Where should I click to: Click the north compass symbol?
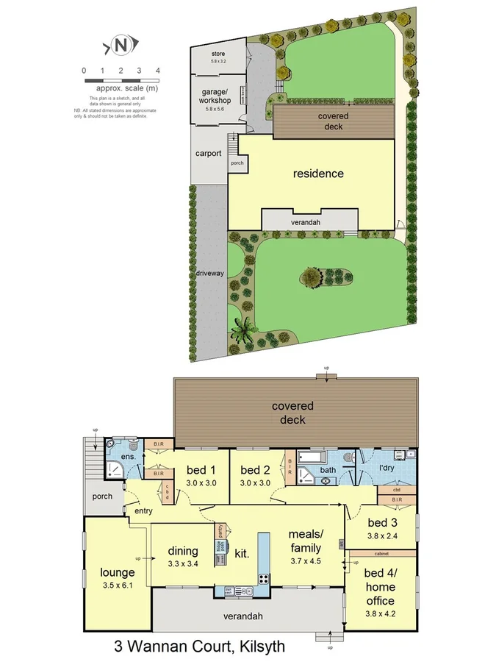pyautogui.click(x=121, y=46)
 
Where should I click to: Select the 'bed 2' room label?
pyautogui.click(x=256, y=471)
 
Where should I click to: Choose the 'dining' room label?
pyautogui.click(x=182, y=551)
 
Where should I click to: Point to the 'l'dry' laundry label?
pyautogui.click(x=387, y=468)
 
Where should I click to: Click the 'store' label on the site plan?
pyautogui.click(x=218, y=54)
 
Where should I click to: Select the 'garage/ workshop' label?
pyautogui.click(x=217, y=96)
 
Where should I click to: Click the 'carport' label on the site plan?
pyautogui.click(x=209, y=154)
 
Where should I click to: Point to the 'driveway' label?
pyautogui.click(x=209, y=273)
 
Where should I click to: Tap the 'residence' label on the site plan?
pyautogui.click(x=318, y=174)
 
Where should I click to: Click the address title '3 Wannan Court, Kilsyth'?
pyautogui.click(x=198, y=647)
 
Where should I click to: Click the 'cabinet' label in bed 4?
pyautogui.click(x=381, y=553)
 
